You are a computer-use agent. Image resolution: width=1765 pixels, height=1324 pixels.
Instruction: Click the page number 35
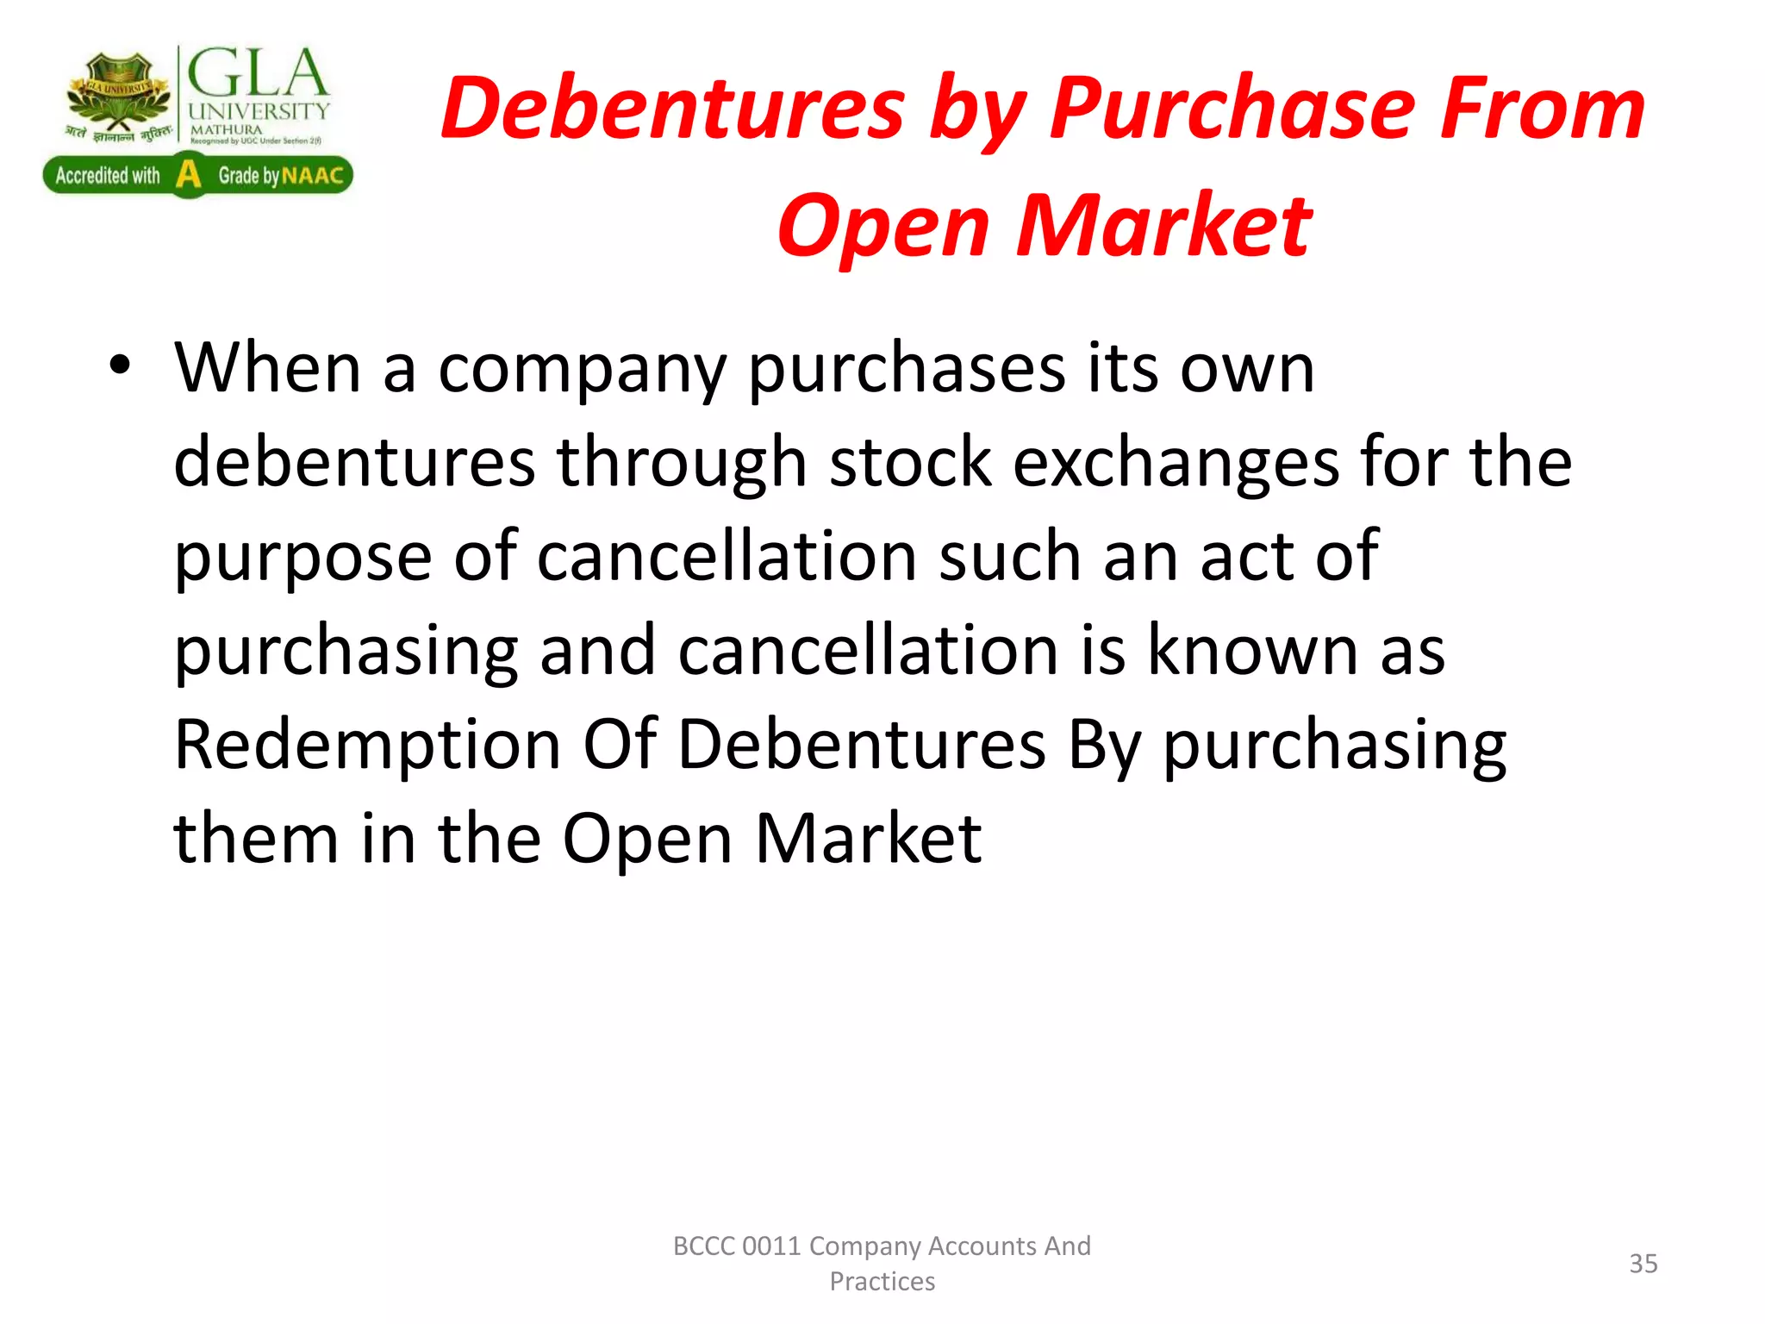pyautogui.click(x=1643, y=1264)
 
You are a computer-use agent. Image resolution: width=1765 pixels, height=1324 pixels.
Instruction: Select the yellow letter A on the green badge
pyautogui.click(x=188, y=175)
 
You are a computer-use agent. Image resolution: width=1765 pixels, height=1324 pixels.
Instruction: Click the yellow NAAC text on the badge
pyautogui.click(x=312, y=176)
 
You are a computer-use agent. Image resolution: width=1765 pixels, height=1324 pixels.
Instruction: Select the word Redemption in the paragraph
pyautogui.click(x=367, y=744)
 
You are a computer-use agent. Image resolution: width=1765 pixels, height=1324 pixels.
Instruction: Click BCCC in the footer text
pyautogui.click(x=703, y=1246)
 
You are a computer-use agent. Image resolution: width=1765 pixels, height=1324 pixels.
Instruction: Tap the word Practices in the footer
pyautogui.click(x=882, y=1282)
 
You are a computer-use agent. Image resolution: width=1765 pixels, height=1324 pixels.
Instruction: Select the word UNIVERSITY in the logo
pyautogui.click(x=259, y=111)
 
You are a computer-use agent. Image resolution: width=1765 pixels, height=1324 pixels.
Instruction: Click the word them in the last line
pyautogui.click(x=256, y=838)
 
